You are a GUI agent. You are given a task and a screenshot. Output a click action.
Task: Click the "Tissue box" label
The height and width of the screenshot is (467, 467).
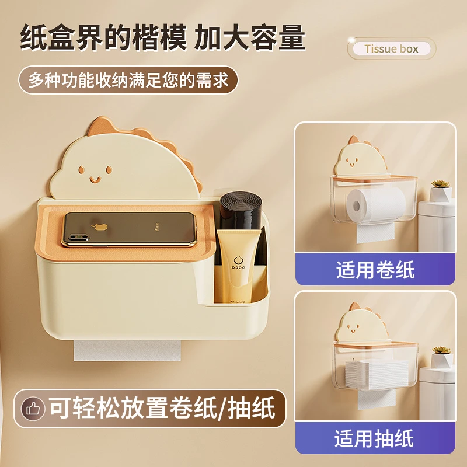click(x=392, y=48)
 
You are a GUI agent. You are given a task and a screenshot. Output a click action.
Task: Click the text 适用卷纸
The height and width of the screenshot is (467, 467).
click(x=375, y=270)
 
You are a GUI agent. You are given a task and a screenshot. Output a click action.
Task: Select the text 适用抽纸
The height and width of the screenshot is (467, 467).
click(x=375, y=438)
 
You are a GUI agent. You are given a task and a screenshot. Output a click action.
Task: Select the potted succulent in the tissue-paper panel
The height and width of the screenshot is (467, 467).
click(x=441, y=357)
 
